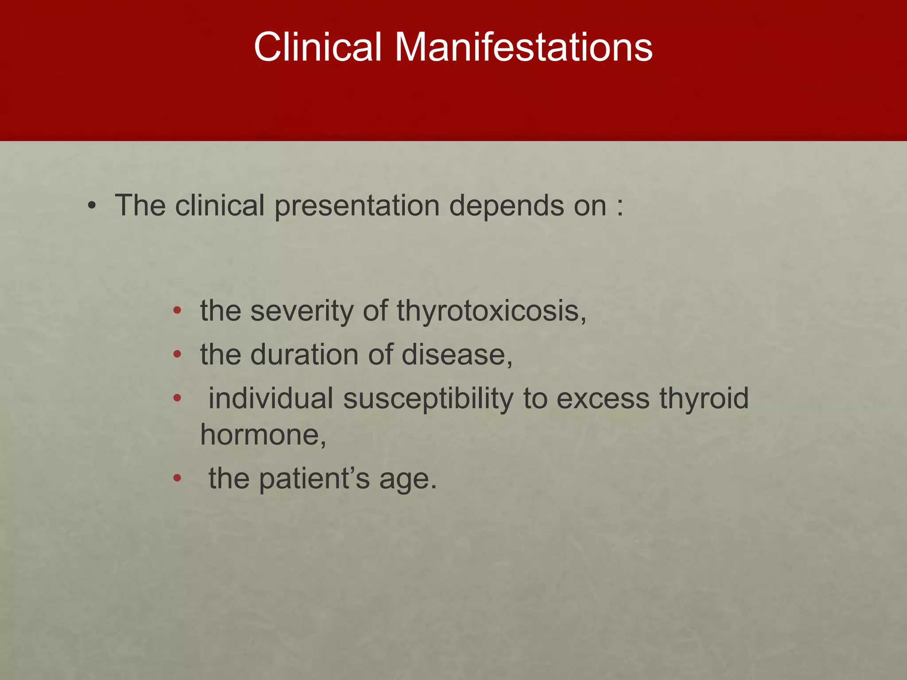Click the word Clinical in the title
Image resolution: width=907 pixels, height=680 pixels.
[317, 47]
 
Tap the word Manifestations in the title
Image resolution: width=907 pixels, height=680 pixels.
[523, 47]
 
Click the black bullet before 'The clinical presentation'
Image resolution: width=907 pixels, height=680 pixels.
[92, 206]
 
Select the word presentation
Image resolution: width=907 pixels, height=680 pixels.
[357, 206]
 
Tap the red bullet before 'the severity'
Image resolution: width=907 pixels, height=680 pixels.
[177, 311]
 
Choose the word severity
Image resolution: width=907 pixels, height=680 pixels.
[302, 311]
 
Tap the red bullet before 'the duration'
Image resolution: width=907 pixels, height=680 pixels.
[177, 355]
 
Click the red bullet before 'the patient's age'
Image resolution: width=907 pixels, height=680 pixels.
[177, 478]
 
